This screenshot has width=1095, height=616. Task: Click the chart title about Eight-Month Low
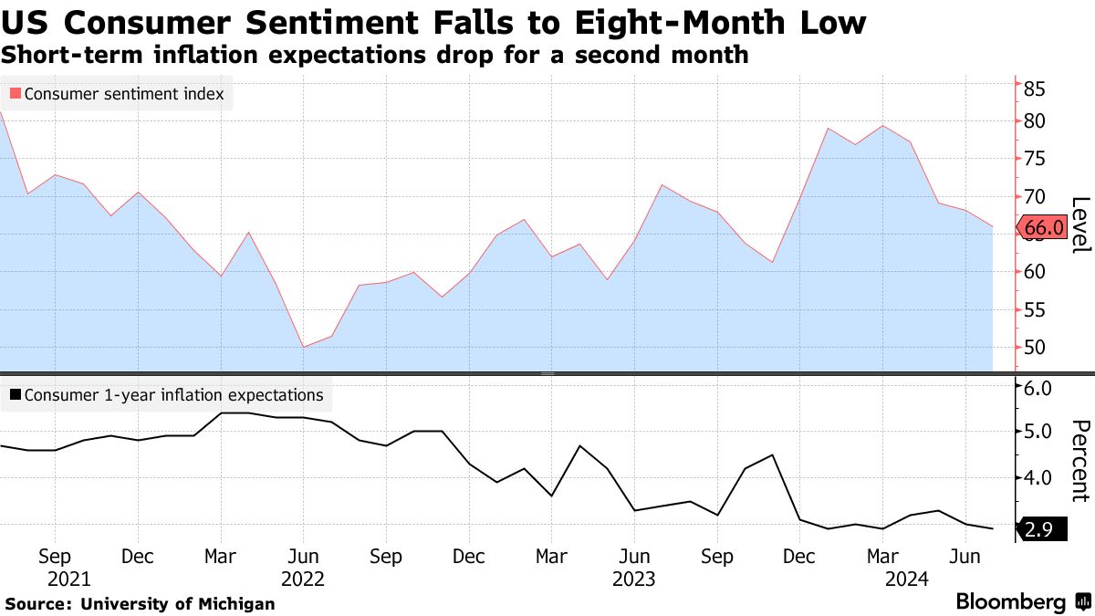click(433, 23)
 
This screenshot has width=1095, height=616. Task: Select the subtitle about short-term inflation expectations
click(375, 55)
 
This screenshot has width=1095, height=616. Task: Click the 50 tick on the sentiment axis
click(1034, 348)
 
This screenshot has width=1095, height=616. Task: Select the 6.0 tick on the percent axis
click(1038, 388)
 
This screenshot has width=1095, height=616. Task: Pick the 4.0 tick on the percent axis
click(1038, 477)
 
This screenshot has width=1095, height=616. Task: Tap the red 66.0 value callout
click(1042, 228)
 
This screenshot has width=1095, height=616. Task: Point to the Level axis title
click(1080, 224)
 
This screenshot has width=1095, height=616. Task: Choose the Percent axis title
click(1080, 461)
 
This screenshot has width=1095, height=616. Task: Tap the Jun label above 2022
click(303, 556)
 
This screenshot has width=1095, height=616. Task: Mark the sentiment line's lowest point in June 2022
click(303, 347)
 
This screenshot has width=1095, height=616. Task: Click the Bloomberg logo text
click(1010, 602)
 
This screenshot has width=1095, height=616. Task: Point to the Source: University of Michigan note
click(140, 603)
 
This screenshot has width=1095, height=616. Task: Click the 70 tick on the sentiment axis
click(1034, 196)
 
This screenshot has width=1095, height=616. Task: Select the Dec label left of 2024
click(799, 556)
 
